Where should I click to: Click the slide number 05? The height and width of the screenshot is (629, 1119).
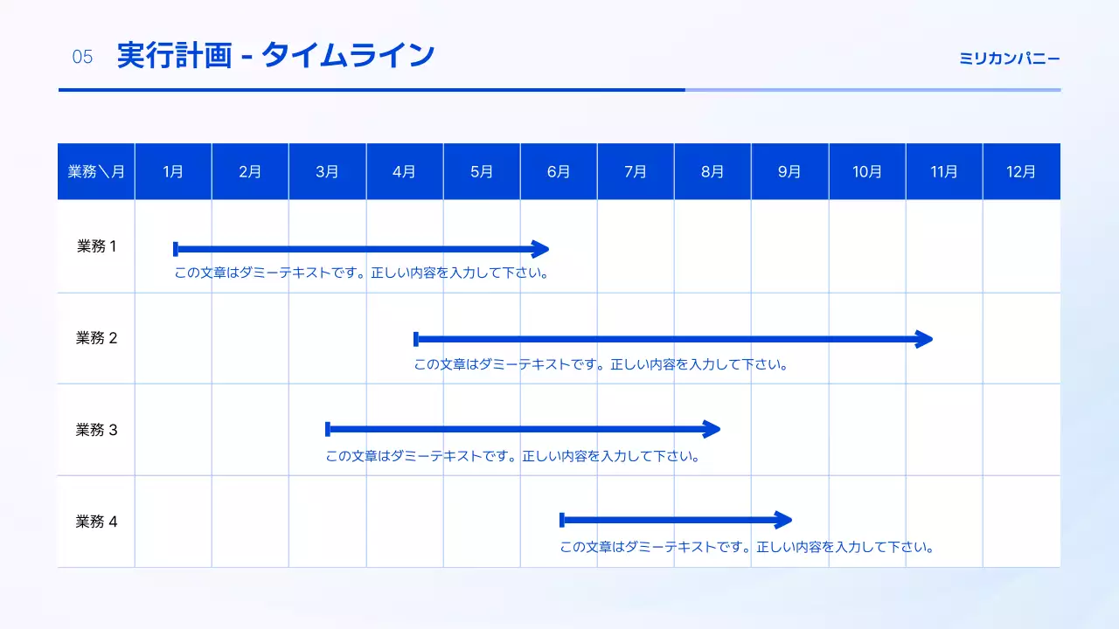point(82,58)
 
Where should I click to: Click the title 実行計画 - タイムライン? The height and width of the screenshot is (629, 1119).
point(275,56)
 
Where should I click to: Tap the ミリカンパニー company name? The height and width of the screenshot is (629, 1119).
point(1010,59)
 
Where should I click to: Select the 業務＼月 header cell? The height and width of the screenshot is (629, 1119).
point(96,172)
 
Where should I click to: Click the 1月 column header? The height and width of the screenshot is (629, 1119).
point(173,172)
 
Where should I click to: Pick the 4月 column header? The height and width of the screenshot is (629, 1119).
point(404,172)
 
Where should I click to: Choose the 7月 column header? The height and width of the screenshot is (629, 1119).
point(636,172)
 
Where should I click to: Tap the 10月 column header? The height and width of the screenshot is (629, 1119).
point(867,172)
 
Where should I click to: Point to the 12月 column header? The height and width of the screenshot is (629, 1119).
point(1021,172)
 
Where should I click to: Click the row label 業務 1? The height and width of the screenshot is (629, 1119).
point(96,246)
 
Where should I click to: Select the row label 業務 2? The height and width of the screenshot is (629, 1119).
point(96,338)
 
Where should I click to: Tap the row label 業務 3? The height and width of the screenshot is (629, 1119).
point(96,430)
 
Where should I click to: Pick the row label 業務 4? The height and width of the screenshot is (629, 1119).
point(96,522)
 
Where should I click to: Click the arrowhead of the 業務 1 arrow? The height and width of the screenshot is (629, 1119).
point(541,249)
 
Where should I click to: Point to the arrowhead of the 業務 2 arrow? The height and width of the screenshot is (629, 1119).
point(925,339)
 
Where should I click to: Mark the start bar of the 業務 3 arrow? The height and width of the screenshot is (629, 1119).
point(328,429)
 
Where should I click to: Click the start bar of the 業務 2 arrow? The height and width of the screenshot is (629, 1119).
point(416,339)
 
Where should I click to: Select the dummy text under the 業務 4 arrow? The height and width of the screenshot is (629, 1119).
point(747,548)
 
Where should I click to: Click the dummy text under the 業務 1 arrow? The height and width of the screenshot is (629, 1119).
point(362,273)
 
